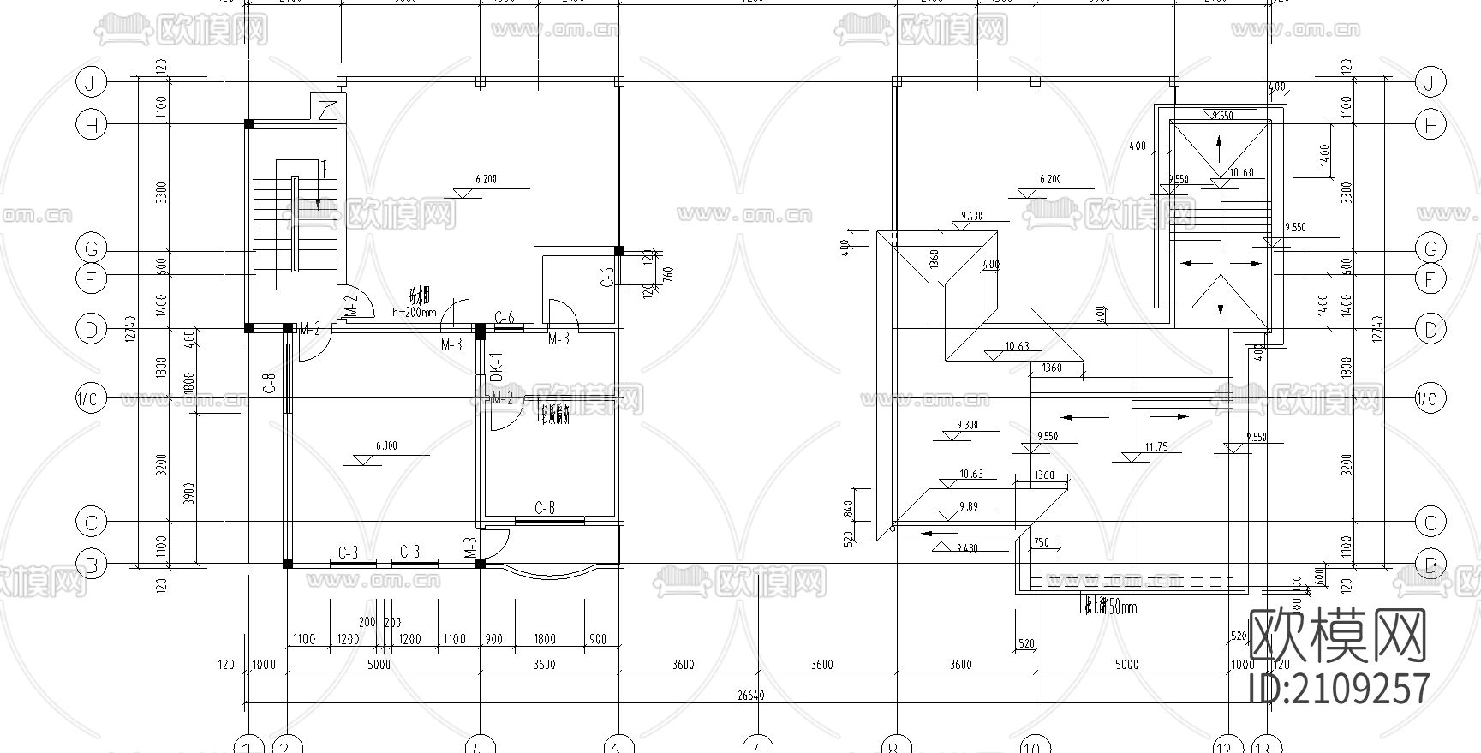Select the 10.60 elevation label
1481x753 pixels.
coord(1241,172)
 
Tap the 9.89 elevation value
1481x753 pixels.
coord(968,506)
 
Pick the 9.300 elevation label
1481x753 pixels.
coord(968,425)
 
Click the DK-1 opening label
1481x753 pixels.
coord(495,368)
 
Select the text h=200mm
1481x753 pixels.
coord(415,313)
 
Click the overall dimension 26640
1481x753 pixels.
coord(750,696)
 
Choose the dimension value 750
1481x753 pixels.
coord(1041,542)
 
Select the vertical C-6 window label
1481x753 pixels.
coord(607,276)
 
